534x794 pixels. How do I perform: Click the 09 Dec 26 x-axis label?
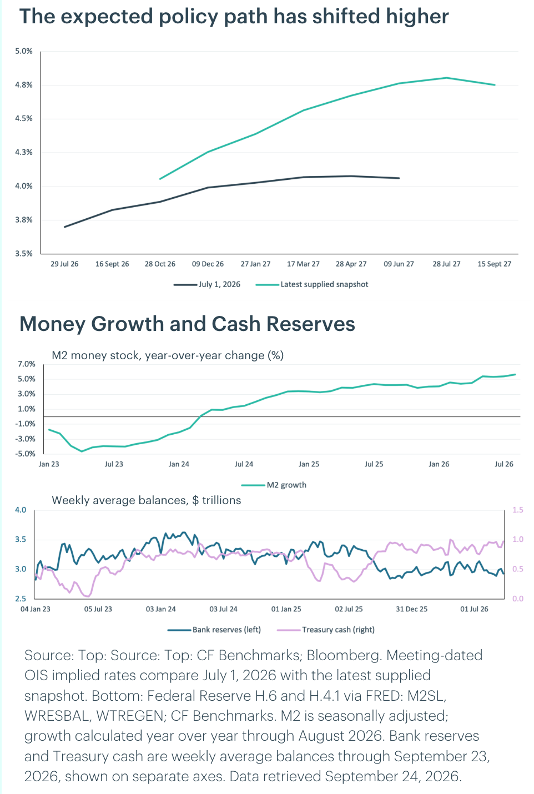[208, 264]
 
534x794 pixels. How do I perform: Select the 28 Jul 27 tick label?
[446, 264]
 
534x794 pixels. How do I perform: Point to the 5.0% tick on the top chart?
[24, 51]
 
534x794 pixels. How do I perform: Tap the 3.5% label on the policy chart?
[24, 253]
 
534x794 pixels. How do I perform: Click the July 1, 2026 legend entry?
[206, 284]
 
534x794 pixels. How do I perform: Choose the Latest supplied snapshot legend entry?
[312, 284]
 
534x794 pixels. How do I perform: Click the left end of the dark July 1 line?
[64, 227]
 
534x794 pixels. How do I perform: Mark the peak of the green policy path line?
[446, 78]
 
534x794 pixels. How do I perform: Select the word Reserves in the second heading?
[310, 324]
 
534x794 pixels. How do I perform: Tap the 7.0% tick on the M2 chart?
[27, 364]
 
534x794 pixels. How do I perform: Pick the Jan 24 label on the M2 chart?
[179, 464]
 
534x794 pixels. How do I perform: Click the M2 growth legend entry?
[274, 485]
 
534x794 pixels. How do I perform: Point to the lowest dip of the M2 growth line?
[82, 451]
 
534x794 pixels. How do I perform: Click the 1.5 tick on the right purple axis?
[518, 510]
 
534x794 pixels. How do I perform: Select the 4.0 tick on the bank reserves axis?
[21, 510]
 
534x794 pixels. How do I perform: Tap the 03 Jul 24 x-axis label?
[223, 609]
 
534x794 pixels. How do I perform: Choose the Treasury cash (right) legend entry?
[326, 630]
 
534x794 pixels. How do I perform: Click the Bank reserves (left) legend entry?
[214, 630]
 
